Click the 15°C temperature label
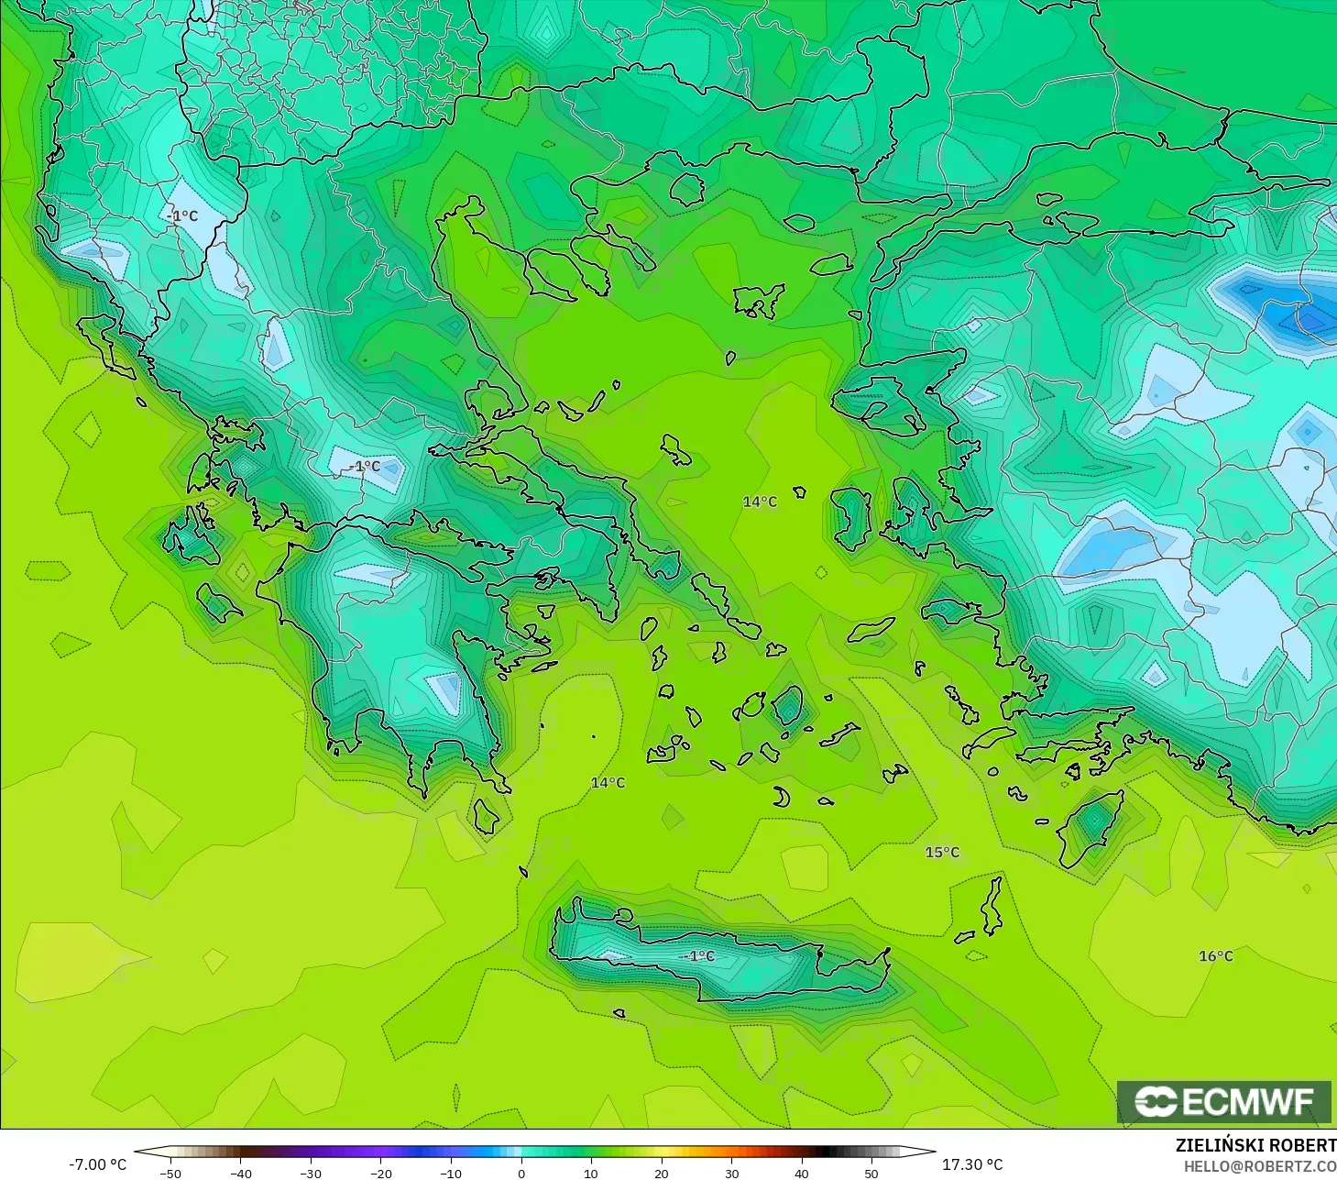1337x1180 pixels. pyautogui.click(x=942, y=852)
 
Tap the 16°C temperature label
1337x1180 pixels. pyautogui.click(x=1216, y=956)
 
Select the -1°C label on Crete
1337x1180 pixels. pyautogui.click(x=697, y=956)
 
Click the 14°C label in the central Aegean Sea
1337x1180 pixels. pyautogui.click(x=760, y=502)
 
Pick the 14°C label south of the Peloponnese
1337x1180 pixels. pyautogui.click(x=608, y=782)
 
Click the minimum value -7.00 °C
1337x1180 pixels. pyautogui.click(x=97, y=1164)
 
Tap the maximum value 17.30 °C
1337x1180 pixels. pyautogui.click(x=972, y=1164)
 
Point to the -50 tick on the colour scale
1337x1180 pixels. pyautogui.click(x=170, y=1173)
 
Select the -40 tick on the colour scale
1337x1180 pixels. pyautogui.click(x=240, y=1173)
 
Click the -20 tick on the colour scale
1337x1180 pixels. pyautogui.click(x=380, y=1173)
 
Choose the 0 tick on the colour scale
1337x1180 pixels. pyautogui.click(x=521, y=1173)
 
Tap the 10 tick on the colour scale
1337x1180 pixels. pyautogui.click(x=591, y=1173)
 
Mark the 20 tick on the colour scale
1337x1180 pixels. pyautogui.click(x=661, y=1173)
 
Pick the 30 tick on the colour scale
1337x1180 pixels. pyautogui.click(x=731, y=1173)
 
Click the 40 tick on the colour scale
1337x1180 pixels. pyautogui.click(x=801, y=1173)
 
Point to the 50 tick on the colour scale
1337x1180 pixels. pyautogui.click(x=871, y=1173)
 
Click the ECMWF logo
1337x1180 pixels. pyautogui.click(x=1223, y=1101)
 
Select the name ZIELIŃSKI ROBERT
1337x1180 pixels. pyautogui.click(x=1255, y=1145)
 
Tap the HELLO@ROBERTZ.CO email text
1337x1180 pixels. pyautogui.click(x=1260, y=1166)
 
